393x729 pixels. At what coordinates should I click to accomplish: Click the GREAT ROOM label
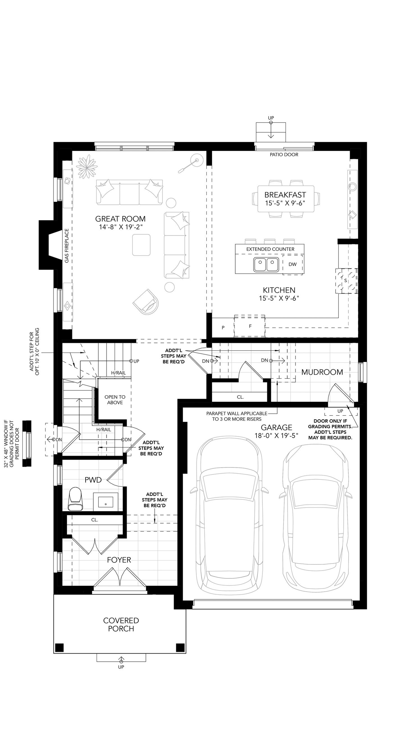(120, 219)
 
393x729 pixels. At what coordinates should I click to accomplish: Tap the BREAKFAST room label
(285, 195)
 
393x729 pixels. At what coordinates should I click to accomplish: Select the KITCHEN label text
(279, 290)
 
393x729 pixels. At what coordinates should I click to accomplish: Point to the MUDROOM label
(322, 372)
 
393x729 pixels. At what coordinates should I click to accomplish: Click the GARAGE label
(276, 427)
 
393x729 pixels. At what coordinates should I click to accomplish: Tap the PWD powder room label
(93, 480)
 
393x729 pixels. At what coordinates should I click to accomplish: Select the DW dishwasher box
(293, 264)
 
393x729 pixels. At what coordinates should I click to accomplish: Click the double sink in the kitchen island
(266, 265)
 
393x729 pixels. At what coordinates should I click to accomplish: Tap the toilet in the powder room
(75, 499)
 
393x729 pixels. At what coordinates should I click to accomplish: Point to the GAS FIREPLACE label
(67, 246)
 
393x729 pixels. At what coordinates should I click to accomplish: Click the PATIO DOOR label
(284, 154)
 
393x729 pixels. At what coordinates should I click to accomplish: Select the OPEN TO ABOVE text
(115, 400)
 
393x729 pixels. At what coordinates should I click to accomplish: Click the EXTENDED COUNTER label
(270, 249)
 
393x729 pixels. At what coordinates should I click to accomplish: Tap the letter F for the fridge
(250, 326)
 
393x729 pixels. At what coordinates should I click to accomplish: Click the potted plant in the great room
(87, 167)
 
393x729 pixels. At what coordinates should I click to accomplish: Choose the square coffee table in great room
(141, 245)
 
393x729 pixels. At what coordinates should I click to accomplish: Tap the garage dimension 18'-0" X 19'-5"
(276, 436)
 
